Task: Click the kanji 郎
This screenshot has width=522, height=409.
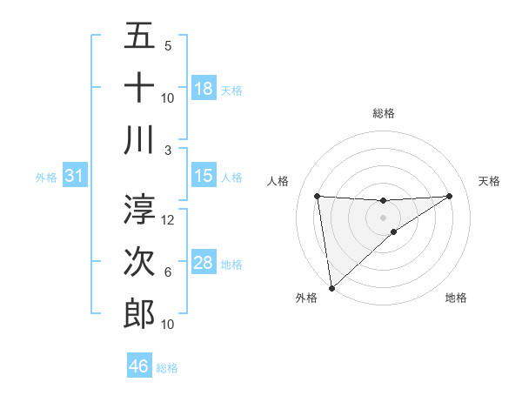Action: [139, 312]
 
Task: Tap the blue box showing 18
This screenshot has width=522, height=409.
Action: [204, 89]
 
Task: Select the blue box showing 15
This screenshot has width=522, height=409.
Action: [204, 176]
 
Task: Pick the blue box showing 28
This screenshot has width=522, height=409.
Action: [204, 263]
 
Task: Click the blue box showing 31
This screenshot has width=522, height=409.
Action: [75, 176]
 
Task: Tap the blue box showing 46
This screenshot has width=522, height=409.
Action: [139, 366]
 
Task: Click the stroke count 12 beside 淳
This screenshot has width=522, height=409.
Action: [169, 220]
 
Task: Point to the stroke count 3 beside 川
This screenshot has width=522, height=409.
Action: [168, 149]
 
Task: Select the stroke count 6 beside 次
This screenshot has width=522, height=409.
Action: [168, 272]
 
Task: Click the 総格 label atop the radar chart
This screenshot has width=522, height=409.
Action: [383, 113]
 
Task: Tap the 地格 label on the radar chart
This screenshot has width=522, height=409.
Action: [456, 298]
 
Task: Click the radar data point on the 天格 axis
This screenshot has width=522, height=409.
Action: [450, 196]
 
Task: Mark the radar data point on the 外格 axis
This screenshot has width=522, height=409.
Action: [331, 287]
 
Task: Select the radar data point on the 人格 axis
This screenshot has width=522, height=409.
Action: [317, 196]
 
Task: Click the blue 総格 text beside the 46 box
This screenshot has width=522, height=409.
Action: [167, 367]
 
